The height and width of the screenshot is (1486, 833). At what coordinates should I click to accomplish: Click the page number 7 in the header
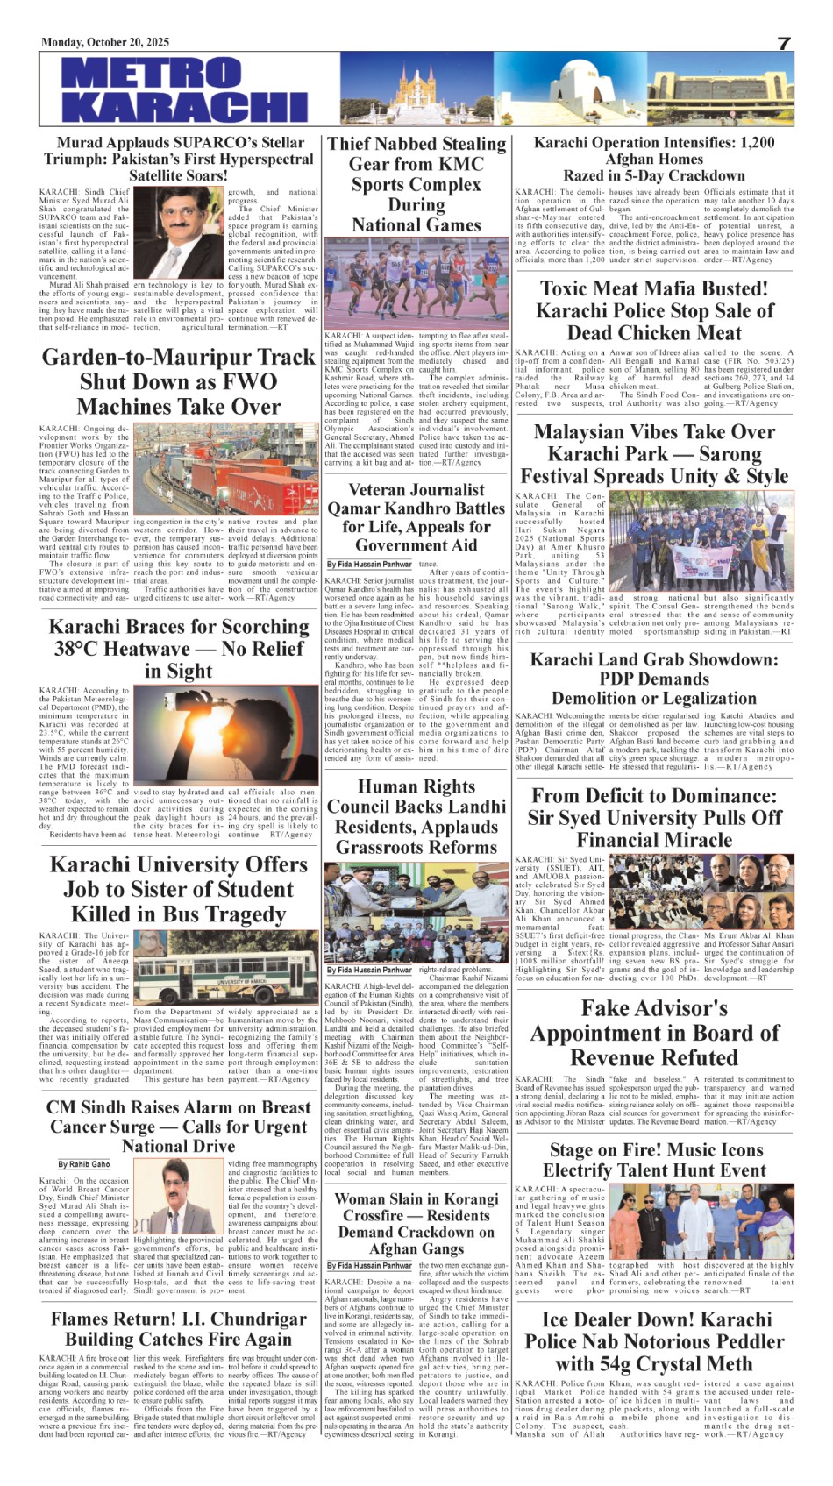coord(784,44)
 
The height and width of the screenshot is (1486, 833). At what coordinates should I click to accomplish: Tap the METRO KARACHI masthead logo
coord(184,89)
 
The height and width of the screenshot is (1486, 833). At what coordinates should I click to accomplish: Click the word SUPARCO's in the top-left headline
coord(219,143)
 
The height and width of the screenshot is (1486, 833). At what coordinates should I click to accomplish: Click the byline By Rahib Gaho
coord(84,1164)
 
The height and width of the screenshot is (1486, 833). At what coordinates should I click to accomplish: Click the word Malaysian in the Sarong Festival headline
coord(584,432)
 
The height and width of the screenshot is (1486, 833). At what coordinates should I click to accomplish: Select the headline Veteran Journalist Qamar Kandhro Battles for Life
coord(416,517)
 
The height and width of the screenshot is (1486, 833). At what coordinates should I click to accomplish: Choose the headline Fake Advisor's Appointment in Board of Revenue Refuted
coord(654,1033)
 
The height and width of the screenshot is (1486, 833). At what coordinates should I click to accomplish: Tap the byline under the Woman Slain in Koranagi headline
coord(368,1266)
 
